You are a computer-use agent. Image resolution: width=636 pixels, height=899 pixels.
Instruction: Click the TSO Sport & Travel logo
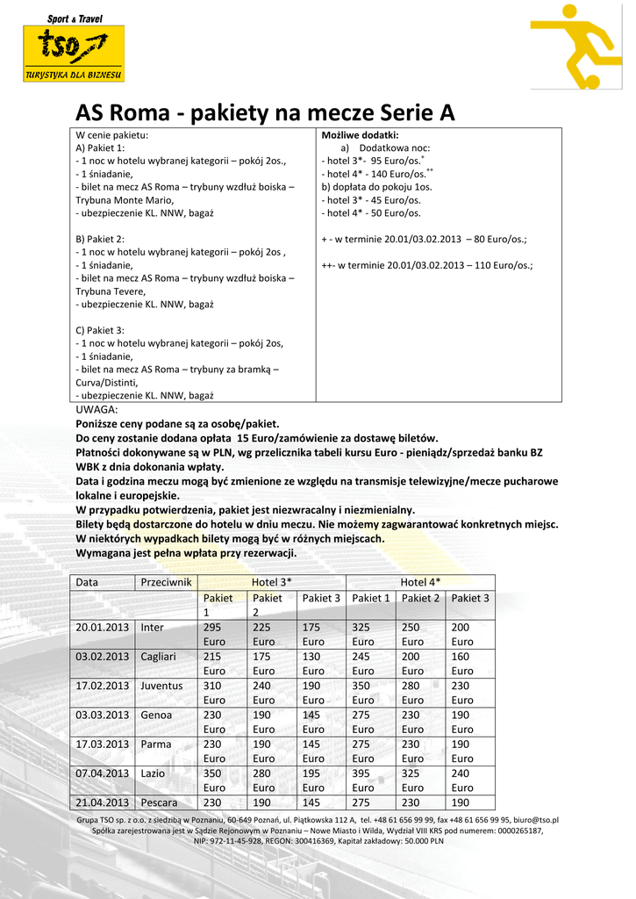click(x=74, y=47)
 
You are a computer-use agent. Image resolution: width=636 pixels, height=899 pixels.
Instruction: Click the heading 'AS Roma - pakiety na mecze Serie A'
click(x=265, y=113)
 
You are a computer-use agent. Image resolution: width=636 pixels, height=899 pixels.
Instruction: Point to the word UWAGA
click(x=96, y=409)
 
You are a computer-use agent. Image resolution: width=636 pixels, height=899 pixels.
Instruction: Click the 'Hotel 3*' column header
click(x=271, y=582)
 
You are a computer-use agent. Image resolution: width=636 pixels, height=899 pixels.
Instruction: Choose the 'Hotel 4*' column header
click(x=420, y=582)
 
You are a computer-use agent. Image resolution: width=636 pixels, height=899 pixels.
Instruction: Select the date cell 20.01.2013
click(x=103, y=628)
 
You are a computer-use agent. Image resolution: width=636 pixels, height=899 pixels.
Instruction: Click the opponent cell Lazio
click(x=154, y=773)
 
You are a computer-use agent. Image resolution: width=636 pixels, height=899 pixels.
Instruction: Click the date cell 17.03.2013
click(x=103, y=744)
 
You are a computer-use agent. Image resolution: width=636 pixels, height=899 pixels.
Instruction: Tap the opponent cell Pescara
click(x=160, y=802)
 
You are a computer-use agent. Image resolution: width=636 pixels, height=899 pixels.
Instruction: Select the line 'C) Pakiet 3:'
click(x=100, y=330)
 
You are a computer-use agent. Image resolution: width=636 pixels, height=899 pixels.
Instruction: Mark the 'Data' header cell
click(x=87, y=582)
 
